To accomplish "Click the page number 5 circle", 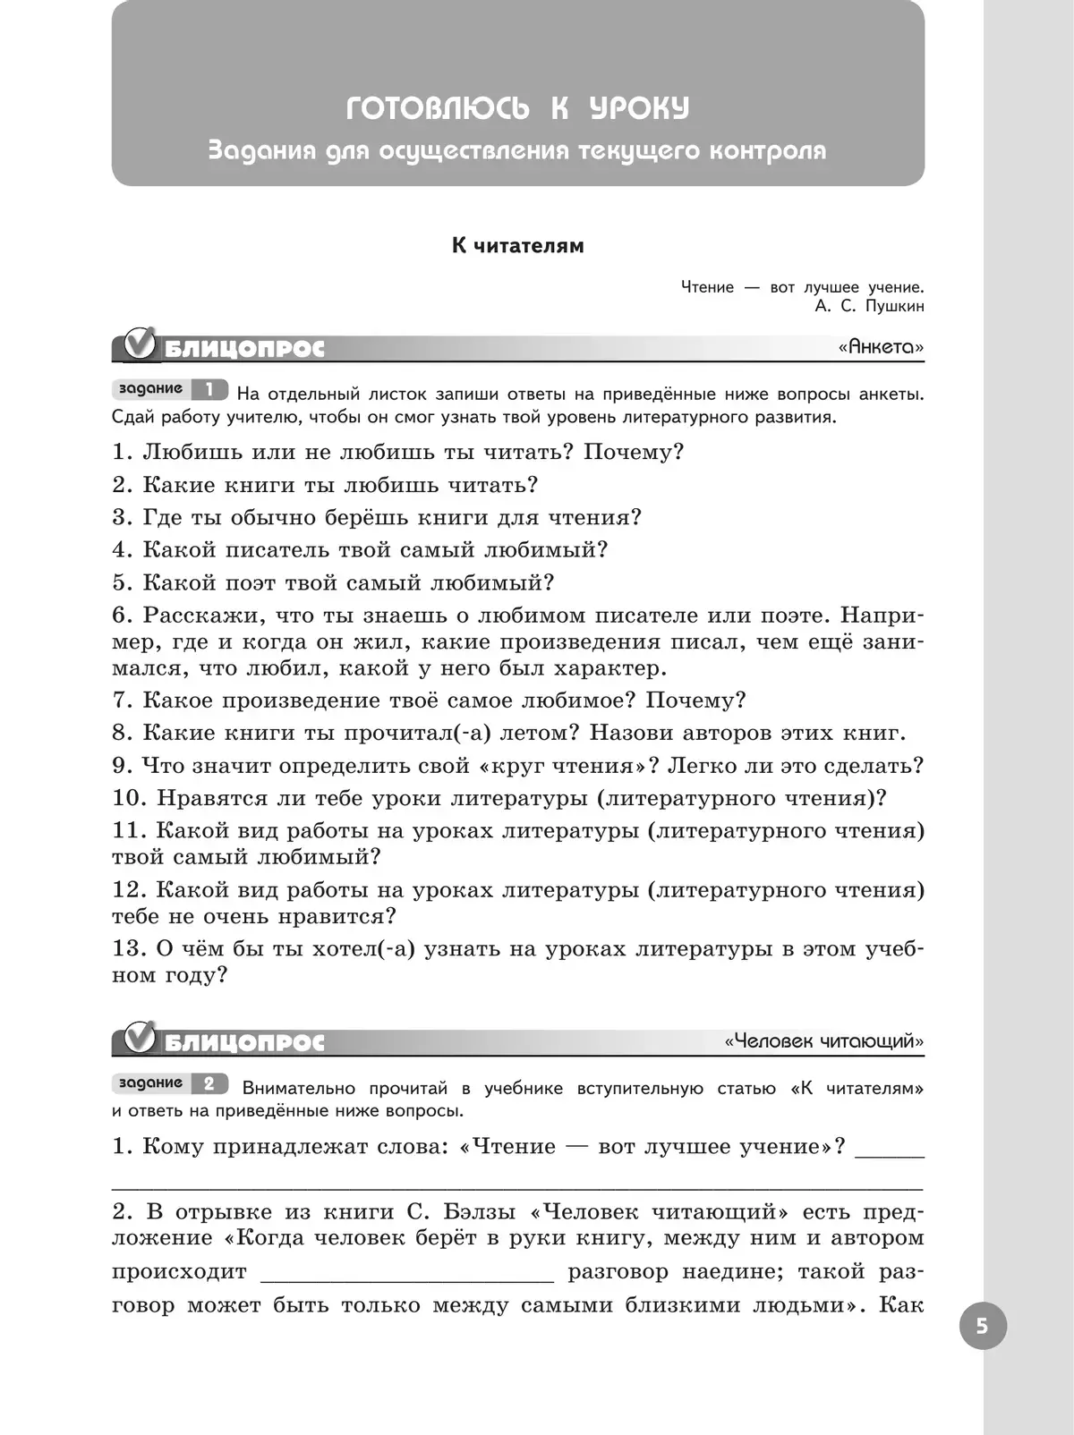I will (x=983, y=1326).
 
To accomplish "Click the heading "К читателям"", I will (x=517, y=246).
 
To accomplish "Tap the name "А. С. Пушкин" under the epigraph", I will (x=869, y=307).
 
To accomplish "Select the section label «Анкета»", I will (x=881, y=347).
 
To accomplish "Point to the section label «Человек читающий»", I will (x=824, y=1041).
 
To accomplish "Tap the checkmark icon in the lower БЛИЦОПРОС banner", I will (x=141, y=1039).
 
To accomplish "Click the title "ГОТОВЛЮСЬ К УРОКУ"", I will (x=517, y=110).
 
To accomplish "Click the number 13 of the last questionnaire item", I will (x=129, y=949).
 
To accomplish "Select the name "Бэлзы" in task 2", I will (x=473, y=1213).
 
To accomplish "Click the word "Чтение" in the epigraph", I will (x=707, y=288).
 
